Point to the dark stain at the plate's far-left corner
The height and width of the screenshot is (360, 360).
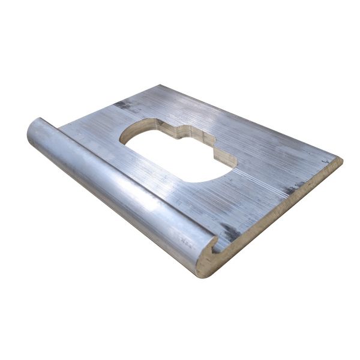[x=123, y=104]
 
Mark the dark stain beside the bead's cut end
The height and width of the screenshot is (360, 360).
[x=230, y=232]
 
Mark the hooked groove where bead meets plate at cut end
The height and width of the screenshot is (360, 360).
[x=213, y=244]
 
